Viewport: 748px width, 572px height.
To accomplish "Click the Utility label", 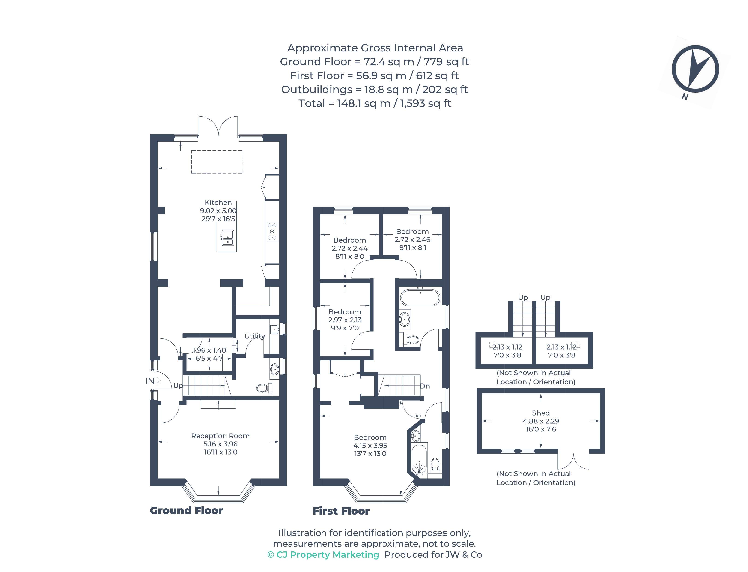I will tap(255, 336).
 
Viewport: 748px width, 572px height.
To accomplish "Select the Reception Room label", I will tap(220, 436).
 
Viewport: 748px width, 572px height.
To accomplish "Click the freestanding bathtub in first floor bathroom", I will tap(420, 298).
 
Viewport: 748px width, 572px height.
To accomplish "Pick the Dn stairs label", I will tap(425, 386).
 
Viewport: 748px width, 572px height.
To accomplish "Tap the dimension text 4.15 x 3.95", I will tap(370, 445).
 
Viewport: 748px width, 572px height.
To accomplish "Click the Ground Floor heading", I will tap(186, 510).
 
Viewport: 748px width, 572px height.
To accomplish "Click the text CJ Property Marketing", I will tap(327, 555).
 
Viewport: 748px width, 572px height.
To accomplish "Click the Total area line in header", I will tap(374, 103).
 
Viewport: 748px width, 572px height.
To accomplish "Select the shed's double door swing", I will tap(573, 461).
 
